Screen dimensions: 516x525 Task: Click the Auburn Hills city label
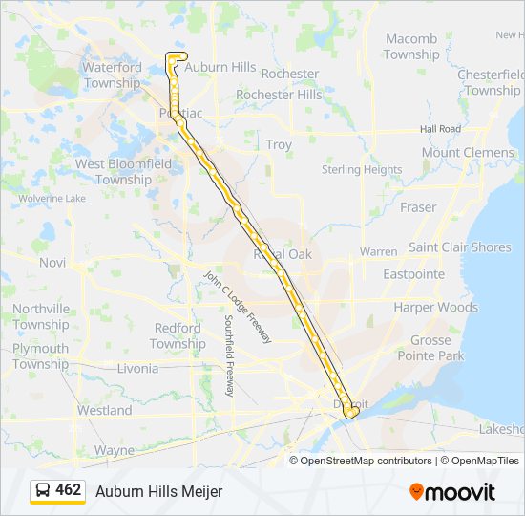(x=220, y=68)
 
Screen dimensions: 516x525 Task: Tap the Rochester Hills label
(x=279, y=95)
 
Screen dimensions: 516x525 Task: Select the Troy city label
(x=279, y=144)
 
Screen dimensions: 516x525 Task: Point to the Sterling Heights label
(x=362, y=169)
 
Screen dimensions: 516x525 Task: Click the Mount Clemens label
(x=468, y=152)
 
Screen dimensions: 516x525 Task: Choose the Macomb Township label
(x=411, y=47)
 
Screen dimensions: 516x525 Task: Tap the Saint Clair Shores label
(x=460, y=247)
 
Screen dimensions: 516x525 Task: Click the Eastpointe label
(x=413, y=274)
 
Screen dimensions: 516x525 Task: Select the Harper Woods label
(x=435, y=308)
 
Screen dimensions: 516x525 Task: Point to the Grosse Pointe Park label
(x=436, y=348)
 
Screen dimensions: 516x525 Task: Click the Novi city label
(x=52, y=262)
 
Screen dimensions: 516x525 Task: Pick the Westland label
(x=105, y=410)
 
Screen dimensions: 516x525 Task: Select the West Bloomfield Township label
(x=124, y=171)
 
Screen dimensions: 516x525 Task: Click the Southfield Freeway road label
(x=229, y=356)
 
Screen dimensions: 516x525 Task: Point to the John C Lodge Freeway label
(x=239, y=307)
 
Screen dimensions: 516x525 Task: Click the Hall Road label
(x=440, y=128)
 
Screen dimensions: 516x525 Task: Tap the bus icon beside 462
(x=43, y=490)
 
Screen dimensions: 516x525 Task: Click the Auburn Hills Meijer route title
(x=158, y=491)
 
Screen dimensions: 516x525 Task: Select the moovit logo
(x=452, y=491)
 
